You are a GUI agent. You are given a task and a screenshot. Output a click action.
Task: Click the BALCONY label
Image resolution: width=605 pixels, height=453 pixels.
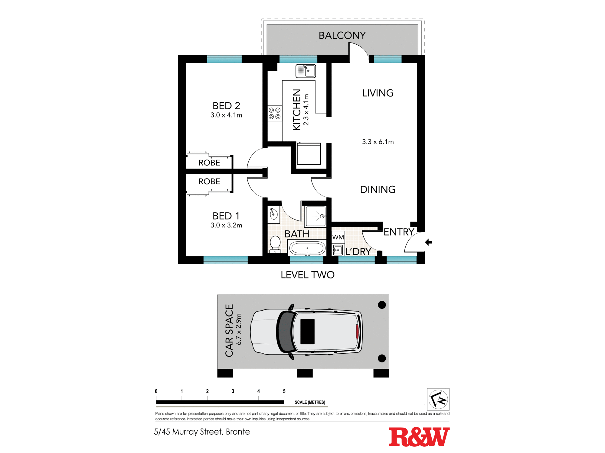[x=342, y=35]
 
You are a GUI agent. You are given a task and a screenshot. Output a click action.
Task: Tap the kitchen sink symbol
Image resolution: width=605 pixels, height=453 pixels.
[x=306, y=71]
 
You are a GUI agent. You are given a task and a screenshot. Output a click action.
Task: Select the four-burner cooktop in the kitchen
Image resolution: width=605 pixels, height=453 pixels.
[x=275, y=114]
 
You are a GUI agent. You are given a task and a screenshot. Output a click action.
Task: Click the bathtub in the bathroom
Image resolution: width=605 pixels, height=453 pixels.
[x=307, y=248]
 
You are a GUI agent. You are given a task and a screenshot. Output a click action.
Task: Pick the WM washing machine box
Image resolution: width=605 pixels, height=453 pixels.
[x=338, y=237]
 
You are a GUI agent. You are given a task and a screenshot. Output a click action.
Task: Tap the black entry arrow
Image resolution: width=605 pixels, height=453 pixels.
[x=429, y=242]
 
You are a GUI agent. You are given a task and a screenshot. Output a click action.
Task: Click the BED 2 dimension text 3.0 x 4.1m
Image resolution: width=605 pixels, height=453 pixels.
[x=226, y=115]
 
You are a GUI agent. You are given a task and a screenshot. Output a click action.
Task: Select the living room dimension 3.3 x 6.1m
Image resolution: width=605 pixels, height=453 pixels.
[x=378, y=142]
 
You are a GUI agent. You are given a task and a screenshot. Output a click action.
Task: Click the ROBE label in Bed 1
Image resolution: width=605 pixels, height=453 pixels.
[x=209, y=182]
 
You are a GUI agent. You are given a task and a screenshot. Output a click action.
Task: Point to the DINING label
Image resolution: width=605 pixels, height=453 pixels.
[x=378, y=189]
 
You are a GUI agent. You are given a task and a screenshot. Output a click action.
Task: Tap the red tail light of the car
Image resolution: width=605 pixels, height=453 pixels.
[x=357, y=332]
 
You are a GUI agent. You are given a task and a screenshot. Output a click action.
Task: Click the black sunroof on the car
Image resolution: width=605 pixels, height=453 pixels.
[x=307, y=332]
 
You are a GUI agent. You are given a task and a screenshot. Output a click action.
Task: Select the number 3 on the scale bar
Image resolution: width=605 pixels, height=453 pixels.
[x=233, y=391]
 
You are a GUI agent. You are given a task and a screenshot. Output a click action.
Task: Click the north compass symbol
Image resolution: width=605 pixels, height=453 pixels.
[x=438, y=399]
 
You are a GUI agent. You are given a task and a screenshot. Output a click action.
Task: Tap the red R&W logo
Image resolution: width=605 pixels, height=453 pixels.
[x=419, y=437]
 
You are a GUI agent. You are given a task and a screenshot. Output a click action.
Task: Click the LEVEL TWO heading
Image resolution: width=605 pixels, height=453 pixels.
[x=308, y=275]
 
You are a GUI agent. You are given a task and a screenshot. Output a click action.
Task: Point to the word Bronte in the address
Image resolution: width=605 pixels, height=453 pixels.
[x=238, y=432]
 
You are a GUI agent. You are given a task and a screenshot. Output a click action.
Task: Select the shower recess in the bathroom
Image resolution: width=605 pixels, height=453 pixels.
[x=316, y=216]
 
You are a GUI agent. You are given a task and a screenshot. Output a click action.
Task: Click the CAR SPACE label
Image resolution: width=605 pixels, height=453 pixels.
[x=229, y=331]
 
